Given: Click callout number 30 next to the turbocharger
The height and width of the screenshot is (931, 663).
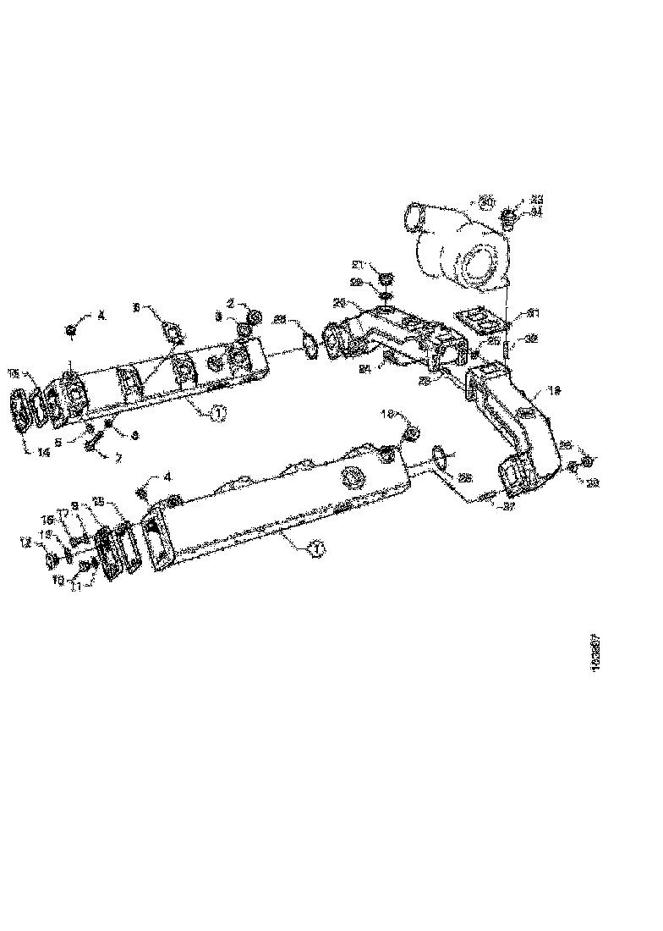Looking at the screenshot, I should tap(485, 201).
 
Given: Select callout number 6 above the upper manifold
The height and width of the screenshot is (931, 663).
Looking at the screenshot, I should tap(139, 308).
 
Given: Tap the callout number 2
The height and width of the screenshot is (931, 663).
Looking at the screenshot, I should tap(230, 302).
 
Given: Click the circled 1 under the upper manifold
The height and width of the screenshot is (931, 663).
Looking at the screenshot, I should tap(218, 413).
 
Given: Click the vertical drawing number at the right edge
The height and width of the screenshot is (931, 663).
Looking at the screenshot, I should tap(596, 652).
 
